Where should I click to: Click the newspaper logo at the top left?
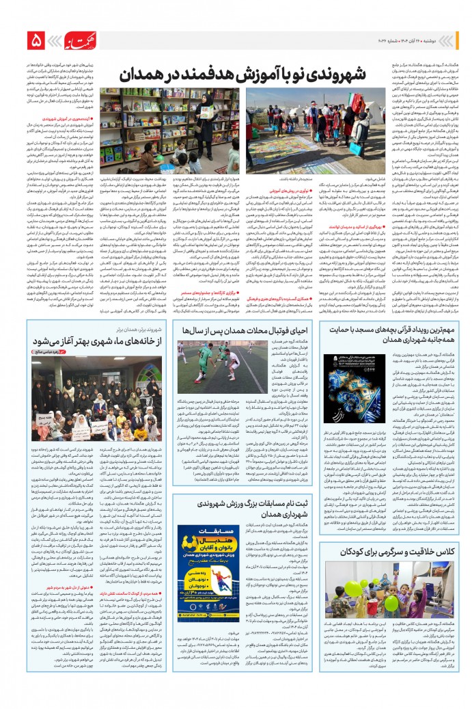point(75,42)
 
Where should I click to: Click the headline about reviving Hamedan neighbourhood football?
point(242,350)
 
